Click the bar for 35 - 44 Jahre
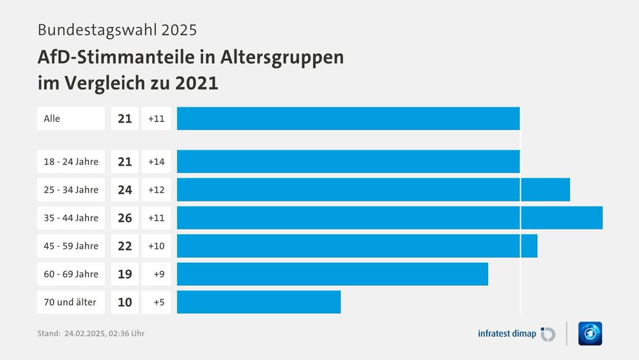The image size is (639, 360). (389, 217)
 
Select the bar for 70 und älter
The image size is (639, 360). (259, 302)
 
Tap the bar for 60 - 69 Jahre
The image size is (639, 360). (332, 274)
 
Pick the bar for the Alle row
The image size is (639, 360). (348, 118)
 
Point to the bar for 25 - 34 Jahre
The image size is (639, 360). (373, 189)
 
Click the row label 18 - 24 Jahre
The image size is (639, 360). (71, 161)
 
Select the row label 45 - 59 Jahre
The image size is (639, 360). (71, 246)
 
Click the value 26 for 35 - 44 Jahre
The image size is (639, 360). (125, 217)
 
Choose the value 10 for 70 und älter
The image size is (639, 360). (125, 302)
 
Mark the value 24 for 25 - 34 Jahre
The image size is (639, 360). (125, 189)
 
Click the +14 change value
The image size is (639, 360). (156, 161)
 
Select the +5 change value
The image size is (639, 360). (158, 302)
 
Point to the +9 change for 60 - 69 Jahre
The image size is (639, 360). (158, 274)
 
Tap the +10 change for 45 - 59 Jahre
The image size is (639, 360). (156, 246)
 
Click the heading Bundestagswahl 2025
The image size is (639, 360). (117, 29)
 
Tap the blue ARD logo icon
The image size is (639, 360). (590, 333)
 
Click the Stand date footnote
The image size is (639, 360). (95, 333)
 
